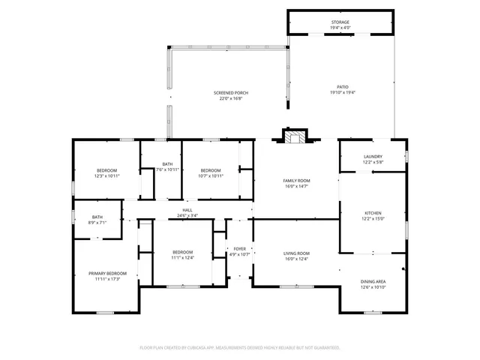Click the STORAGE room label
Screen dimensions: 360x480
340,22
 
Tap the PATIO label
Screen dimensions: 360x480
343,87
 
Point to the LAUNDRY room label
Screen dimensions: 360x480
373,157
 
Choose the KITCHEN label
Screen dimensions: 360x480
373,214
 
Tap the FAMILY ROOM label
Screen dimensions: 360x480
296,181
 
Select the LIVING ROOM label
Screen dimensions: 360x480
296,253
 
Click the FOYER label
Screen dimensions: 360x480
239,248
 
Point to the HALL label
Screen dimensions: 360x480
187,211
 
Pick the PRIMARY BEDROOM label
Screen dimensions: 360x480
108,273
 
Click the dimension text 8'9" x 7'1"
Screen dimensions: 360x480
97,222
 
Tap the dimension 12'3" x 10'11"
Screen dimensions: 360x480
108,175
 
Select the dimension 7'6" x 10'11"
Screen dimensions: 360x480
167,169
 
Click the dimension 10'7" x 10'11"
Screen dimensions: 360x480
211,175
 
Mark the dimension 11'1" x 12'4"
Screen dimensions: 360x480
183,257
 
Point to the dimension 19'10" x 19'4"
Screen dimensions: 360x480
343,92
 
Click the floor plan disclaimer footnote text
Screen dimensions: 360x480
240,348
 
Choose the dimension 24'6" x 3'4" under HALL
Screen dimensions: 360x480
187,215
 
